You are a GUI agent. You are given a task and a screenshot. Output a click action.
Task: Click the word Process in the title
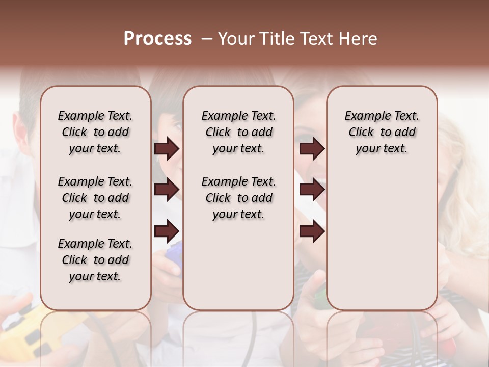(x=157, y=39)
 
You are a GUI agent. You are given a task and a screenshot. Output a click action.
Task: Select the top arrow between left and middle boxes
(x=167, y=148)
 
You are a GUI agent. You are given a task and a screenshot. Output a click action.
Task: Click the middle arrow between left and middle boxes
(x=167, y=190)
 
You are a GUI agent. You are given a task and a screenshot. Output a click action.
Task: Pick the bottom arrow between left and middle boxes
(x=167, y=231)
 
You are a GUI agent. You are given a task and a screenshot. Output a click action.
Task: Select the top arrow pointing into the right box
(x=312, y=148)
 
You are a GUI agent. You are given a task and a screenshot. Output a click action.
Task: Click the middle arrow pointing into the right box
(x=312, y=190)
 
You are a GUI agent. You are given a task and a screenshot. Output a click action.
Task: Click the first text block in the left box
(x=95, y=132)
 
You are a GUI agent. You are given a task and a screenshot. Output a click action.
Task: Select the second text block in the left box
(x=95, y=198)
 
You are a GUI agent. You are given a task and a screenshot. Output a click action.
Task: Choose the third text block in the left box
(x=95, y=260)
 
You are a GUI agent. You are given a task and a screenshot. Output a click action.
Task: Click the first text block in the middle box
(x=238, y=132)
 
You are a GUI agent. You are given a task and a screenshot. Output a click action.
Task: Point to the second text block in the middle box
(x=238, y=198)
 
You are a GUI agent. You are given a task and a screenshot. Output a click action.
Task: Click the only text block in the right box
(x=382, y=132)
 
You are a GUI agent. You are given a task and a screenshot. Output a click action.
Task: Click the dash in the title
(x=207, y=39)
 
